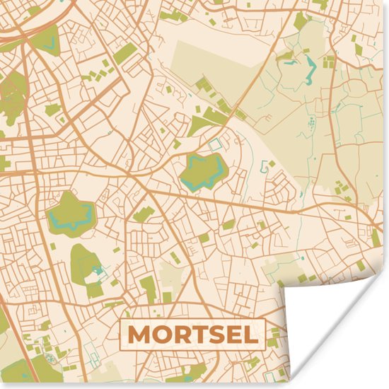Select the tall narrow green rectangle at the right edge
pos(376,237)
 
